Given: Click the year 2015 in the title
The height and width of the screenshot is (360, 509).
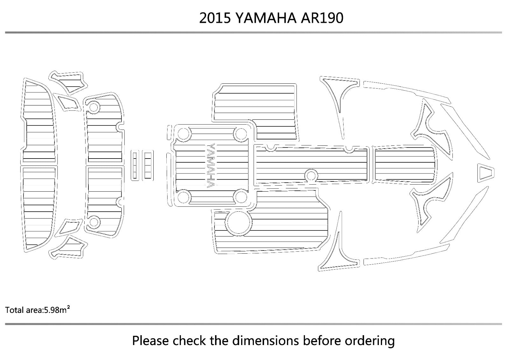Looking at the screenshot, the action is [x=215, y=18].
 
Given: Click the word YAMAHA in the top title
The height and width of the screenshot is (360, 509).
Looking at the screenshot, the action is [x=266, y=18].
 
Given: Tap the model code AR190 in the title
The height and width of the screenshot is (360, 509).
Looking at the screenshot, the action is [x=322, y=18].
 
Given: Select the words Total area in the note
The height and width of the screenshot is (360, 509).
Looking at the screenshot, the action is [x=24, y=310].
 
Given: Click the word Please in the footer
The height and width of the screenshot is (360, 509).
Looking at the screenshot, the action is [x=151, y=341].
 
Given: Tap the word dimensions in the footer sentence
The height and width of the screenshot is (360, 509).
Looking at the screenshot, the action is [x=265, y=341].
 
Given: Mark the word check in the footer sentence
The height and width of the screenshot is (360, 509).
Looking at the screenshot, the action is [x=190, y=341].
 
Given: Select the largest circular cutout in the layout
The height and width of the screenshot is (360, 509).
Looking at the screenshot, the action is [x=238, y=222].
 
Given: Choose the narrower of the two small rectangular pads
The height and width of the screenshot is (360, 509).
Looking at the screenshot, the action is [x=135, y=165].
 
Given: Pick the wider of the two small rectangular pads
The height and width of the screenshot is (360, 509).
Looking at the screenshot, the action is [x=148, y=165].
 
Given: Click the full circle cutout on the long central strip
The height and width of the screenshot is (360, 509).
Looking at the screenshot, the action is [x=311, y=176].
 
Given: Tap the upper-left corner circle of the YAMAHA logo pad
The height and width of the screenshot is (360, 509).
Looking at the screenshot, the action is [x=183, y=134].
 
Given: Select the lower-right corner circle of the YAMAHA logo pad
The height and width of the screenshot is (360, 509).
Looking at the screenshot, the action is [x=241, y=197].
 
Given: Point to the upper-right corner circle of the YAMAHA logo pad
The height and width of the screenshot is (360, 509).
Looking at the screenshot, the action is [x=241, y=134].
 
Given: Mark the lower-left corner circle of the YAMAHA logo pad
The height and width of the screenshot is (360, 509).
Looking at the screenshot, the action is [x=183, y=197].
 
